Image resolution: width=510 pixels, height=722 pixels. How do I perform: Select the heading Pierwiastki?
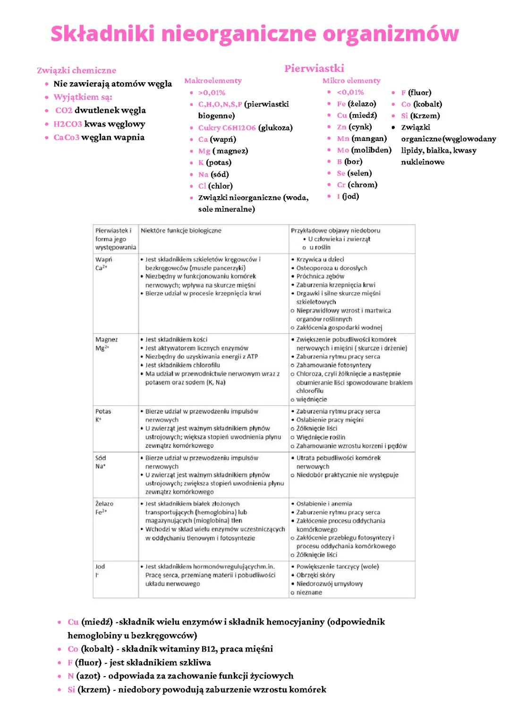click(314, 69)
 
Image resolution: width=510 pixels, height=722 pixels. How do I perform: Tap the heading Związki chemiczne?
click(76, 70)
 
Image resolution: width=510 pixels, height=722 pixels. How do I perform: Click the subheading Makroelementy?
click(213, 81)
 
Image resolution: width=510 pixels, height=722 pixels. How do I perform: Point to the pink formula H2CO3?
click(68, 124)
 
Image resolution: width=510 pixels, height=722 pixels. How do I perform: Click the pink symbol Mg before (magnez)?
click(204, 151)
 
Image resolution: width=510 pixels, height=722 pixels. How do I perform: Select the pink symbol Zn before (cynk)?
click(342, 127)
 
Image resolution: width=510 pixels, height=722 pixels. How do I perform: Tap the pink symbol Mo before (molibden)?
click(343, 150)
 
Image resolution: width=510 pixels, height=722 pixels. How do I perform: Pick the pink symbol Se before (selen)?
click(341, 173)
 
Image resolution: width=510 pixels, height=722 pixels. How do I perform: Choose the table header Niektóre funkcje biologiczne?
click(181, 231)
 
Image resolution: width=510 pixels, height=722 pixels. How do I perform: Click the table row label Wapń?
click(103, 260)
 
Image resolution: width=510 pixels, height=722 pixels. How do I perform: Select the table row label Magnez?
click(106, 339)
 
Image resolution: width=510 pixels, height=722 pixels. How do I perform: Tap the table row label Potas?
click(103, 411)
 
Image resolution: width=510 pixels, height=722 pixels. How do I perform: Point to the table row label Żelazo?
click(104, 504)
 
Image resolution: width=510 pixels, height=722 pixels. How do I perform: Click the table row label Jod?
click(100, 566)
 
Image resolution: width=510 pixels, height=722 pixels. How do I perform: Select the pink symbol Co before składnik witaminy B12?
click(73, 649)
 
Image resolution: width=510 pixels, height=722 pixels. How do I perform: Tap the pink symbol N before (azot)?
click(70, 676)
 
